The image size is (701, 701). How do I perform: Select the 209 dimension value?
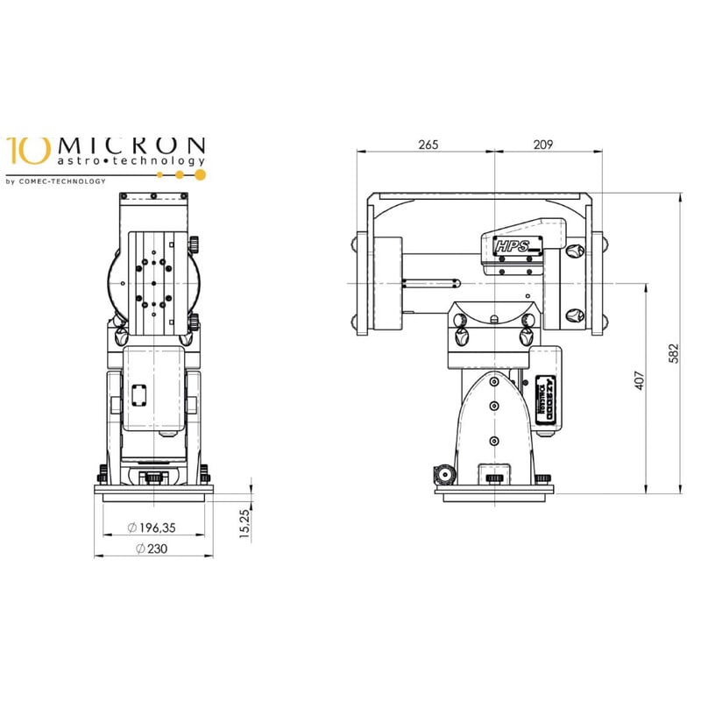click(543, 145)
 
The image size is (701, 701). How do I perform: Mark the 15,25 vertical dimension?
click(246, 524)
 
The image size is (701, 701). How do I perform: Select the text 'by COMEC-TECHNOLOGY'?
click(56, 181)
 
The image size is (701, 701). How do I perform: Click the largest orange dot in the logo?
click(200, 174)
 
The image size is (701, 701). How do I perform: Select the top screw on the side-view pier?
click(494, 382)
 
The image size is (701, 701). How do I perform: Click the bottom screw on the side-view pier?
click(494, 440)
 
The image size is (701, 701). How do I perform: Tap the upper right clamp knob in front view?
click(193, 243)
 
